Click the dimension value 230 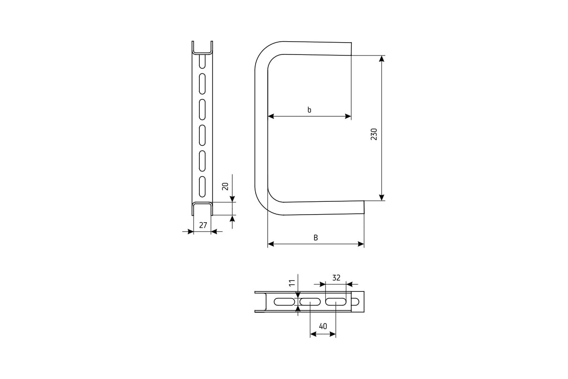tap(374, 134)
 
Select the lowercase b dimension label tap(309, 109)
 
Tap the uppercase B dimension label tap(316, 238)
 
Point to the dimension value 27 tap(203, 225)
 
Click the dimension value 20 tap(225, 186)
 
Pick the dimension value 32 tap(336, 278)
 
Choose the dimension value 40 tap(323, 326)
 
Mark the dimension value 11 tap(292, 283)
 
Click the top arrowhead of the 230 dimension tap(382, 59)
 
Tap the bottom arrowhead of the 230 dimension tap(382, 198)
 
